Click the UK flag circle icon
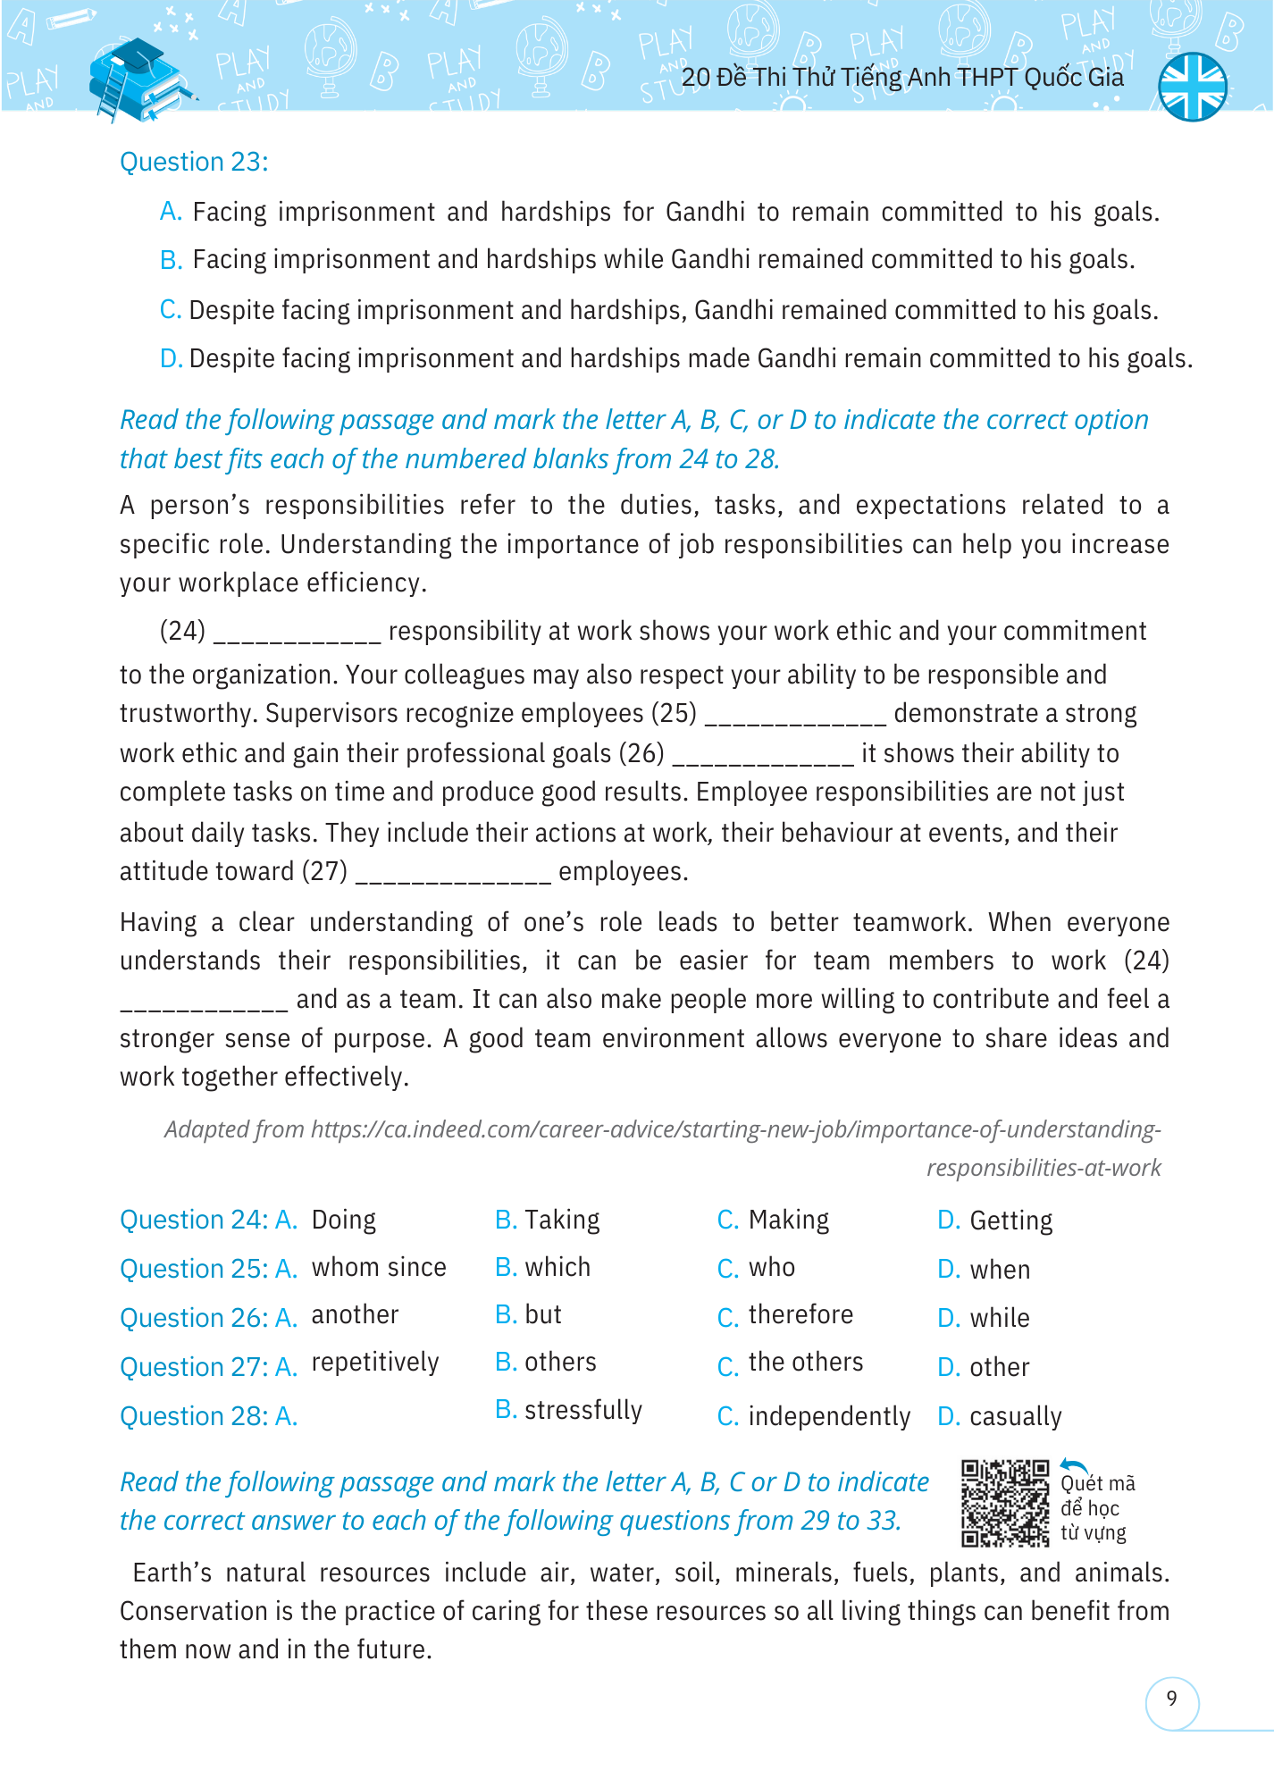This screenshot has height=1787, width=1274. point(1192,87)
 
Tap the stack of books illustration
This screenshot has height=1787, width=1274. point(138,80)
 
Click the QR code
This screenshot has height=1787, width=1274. point(1005,1503)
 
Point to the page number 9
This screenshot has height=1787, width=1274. point(1171,1699)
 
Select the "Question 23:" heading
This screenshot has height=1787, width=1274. point(194,162)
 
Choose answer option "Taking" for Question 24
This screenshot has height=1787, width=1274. point(561,1220)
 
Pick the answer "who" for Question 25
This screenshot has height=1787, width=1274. point(771,1268)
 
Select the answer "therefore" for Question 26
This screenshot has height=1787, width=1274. point(800,1315)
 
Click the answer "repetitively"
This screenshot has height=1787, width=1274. point(374,1363)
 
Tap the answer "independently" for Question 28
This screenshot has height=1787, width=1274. point(828,1416)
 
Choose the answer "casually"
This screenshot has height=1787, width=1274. point(1015,1416)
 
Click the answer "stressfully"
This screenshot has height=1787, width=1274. point(583,1410)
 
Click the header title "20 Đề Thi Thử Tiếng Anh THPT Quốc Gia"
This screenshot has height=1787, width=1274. point(902,78)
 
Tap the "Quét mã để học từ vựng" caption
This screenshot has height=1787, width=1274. point(1096,1508)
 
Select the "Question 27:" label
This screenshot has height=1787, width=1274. point(194,1367)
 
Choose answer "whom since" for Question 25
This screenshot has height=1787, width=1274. point(378,1268)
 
